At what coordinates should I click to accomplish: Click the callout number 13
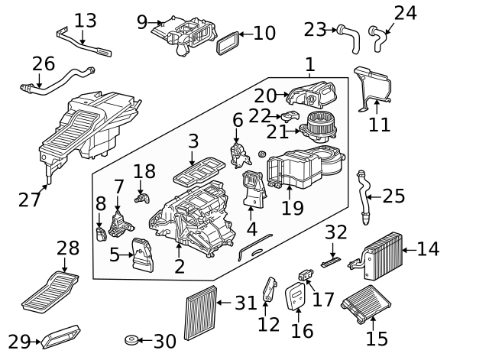[86, 19]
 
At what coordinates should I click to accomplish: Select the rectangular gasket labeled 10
[226, 44]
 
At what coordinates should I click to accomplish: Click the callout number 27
[29, 199]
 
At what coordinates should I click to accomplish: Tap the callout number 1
[309, 65]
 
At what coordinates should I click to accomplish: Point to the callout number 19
[292, 207]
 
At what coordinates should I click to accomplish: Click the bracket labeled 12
[268, 290]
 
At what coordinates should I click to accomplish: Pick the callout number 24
[405, 12]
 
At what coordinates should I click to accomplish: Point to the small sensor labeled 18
[141, 197]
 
